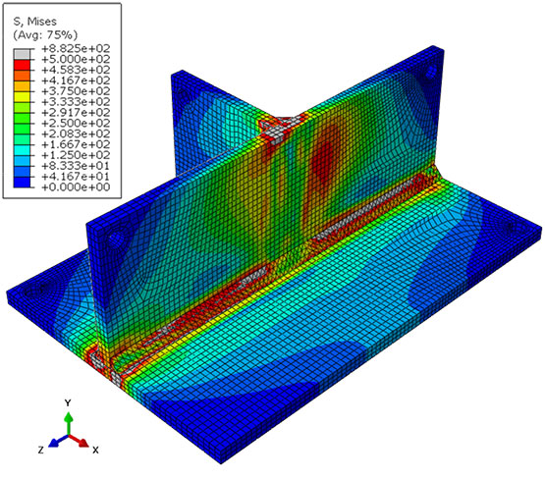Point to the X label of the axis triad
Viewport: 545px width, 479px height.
click(95, 450)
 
